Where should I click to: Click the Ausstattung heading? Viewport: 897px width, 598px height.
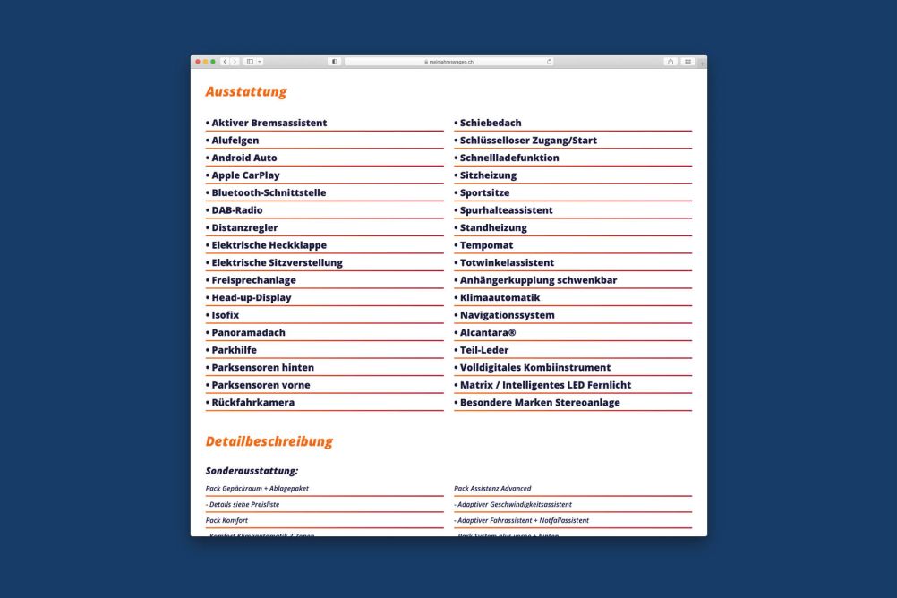246,91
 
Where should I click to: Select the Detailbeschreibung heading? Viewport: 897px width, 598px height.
269,441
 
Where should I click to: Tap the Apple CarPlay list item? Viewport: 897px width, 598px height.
245,175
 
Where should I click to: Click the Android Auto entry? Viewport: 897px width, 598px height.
243,158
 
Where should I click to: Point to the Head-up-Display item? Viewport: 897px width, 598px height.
251,297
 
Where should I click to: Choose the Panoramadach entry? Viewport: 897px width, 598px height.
248,332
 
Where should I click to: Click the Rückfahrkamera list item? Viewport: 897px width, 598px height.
252,402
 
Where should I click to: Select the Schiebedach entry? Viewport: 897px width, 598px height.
490,123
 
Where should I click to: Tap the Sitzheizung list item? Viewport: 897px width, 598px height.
488,175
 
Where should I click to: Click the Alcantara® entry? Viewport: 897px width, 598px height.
487,332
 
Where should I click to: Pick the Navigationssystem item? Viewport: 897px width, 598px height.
507,315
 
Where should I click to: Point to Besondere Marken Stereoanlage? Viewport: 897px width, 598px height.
539,402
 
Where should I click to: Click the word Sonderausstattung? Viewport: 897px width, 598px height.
252,470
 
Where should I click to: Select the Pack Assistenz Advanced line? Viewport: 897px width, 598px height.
493,489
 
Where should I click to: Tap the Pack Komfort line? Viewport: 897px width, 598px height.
226,520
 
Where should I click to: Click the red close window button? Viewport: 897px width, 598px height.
198,62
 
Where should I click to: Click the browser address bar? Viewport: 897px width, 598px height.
448,62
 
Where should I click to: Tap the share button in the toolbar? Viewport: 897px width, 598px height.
671,62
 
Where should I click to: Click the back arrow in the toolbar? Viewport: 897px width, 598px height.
225,62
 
